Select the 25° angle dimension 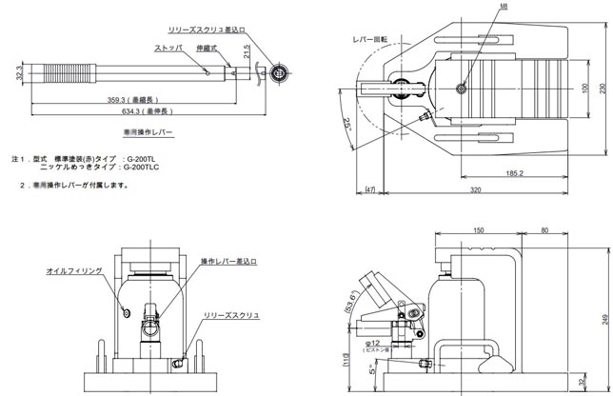pyautogui.click(x=348, y=125)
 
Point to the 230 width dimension pyautogui.click(x=602, y=87)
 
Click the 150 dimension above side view pyautogui.click(x=479, y=230)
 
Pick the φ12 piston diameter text pyautogui.click(x=372, y=342)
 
